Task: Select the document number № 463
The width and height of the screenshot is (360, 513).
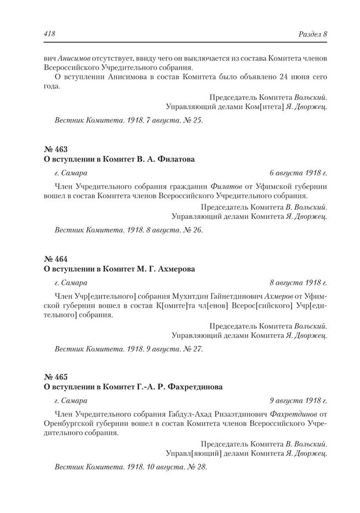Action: point(55,149)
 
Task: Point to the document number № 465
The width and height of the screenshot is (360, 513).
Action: point(55,377)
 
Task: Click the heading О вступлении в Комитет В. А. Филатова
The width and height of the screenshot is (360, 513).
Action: point(119,159)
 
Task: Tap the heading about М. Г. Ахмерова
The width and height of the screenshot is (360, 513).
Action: point(119,269)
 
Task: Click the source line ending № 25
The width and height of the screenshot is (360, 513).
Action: point(129,120)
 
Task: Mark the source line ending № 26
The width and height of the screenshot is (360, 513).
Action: point(129,230)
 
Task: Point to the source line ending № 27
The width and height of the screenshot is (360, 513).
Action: point(129,348)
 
